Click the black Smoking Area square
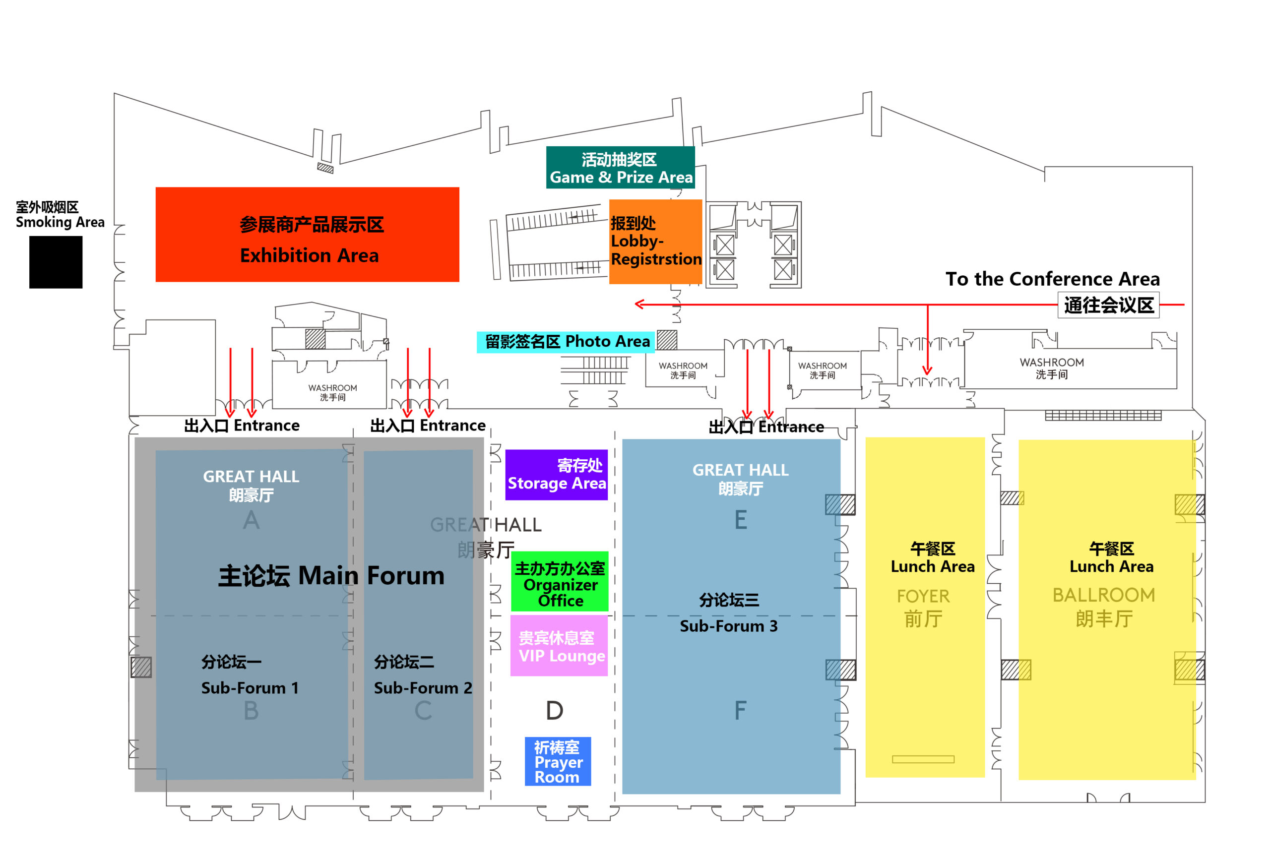pyautogui.click(x=56, y=262)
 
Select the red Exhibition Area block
pyautogui.click(x=307, y=235)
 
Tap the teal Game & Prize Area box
pyautogui.click(x=620, y=168)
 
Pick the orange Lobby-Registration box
pyautogui.click(x=655, y=241)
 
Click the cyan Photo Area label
pyautogui.click(x=565, y=342)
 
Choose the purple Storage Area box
pyautogui.click(x=556, y=474)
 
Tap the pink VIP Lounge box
pyautogui.click(x=559, y=645)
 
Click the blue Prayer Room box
pyautogui.click(x=558, y=761)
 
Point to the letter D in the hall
pyautogui.click(x=554, y=710)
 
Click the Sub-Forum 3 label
pyautogui.click(x=728, y=626)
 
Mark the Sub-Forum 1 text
pyautogui.click(x=250, y=687)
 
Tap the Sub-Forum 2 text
pyautogui.click(x=422, y=687)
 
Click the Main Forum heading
pyautogui.click(x=331, y=575)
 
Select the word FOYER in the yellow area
pyautogui.click(x=923, y=596)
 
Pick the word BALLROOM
pyautogui.click(x=1103, y=595)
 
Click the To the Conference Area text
pyautogui.click(x=1052, y=279)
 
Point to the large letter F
pyautogui.click(x=740, y=710)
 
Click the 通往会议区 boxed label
pyautogui.click(x=1108, y=305)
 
